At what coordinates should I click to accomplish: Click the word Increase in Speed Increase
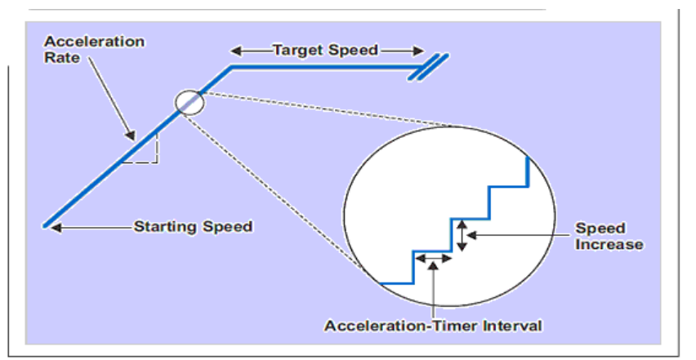[609, 244]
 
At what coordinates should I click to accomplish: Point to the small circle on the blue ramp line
[190, 102]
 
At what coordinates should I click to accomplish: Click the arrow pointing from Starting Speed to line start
[90, 226]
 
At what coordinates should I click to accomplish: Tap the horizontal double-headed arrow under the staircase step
[433, 259]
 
